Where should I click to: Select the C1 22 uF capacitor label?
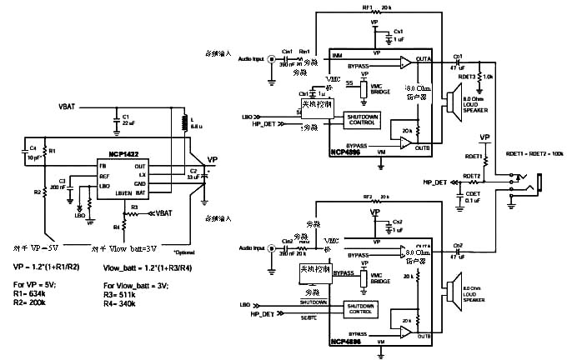click(x=129, y=119)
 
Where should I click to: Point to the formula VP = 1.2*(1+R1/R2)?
click(x=47, y=267)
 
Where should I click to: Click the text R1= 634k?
click(x=32, y=295)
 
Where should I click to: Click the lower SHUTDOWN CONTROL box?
click(x=362, y=308)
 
